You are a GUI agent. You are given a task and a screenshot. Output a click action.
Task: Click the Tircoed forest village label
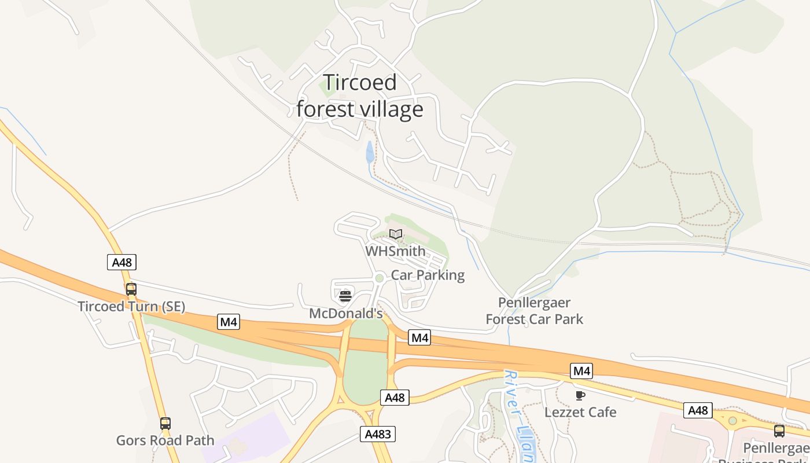click(360, 96)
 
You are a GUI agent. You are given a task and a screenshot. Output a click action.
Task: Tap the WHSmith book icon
click(396, 234)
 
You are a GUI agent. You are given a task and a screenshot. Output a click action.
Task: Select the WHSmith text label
click(395, 251)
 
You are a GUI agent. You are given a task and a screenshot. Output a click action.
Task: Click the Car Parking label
click(428, 275)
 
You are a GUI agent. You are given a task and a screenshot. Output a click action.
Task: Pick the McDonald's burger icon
click(345, 297)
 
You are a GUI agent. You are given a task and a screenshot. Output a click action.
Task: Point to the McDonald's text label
click(346, 314)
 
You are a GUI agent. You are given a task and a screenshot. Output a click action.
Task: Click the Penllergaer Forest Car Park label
click(534, 311)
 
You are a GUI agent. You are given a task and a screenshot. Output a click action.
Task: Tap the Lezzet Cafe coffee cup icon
click(580, 395)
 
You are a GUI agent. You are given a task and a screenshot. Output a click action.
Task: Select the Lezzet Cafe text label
click(580, 412)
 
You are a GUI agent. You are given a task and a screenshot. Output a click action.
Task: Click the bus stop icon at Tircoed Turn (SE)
click(131, 289)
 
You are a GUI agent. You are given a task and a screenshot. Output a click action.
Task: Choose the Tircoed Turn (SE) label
click(131, 306)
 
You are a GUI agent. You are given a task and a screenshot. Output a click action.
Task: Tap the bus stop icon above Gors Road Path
click(165, 424)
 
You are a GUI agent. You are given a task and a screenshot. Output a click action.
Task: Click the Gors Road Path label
click(165, 440)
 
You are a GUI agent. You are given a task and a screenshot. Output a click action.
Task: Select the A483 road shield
click(378, 434)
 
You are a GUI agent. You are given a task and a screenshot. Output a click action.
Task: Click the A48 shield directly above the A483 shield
click(395, 398)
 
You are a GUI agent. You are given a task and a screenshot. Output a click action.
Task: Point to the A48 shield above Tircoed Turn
click(122, 262)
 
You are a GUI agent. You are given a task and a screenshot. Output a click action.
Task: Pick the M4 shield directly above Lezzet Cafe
click(581, 371)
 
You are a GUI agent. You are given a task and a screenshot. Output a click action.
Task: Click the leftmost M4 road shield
click(229, 322)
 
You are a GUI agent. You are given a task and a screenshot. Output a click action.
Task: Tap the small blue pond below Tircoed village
click(370, 153)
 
